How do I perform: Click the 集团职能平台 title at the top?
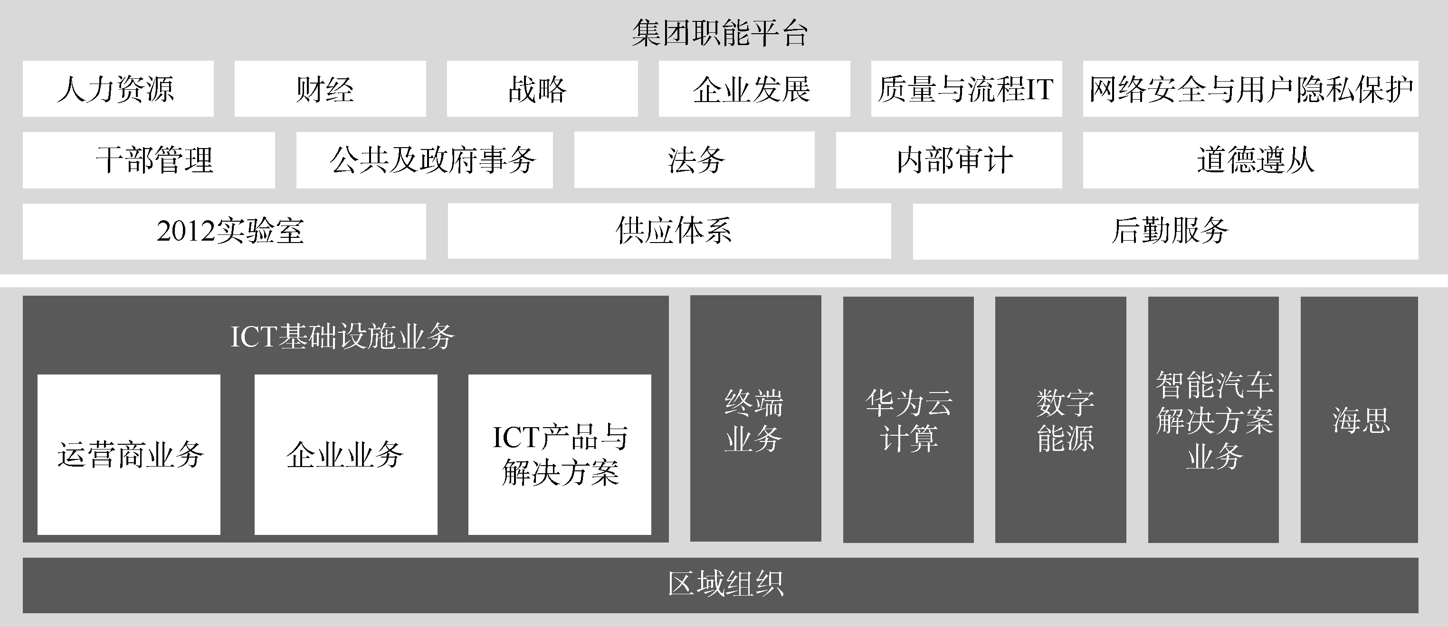pyautogui.click(x=720, y=33)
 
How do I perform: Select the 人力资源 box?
pyautogui.click(x=118, y=89)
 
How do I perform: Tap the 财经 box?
pyautogui.click(x=330, y=89)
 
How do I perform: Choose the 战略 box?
pyautogui.click(x=542, y=89)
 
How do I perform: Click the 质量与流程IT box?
pyautogui.click(x=966, y=89)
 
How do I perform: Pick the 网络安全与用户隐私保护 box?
pyautogui.click(x=1250, y=89)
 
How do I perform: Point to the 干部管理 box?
pyautogui.click(x=148, y=160)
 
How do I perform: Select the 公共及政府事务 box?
pyautogui.click(x=424, y=160)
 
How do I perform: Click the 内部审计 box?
pyautogui.click(x=949, y=160)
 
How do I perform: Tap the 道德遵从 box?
pyautogui.click(x=1250, y=160)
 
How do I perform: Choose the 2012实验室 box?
pyautogui.click(x=224, y=231)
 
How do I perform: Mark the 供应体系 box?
pyautogui.click(x=669, y=231)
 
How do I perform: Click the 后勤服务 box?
pyautogui.click(x=1165, y=231)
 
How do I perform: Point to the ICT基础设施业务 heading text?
pyautogui.click(x=343, y=337)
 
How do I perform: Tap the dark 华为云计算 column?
pyautogui.click(x=908, y=420)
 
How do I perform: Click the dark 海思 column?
pyautogui.click(x=1359, y=420)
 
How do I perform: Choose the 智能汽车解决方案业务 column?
pyautogui.click(x=1213, y=420)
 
